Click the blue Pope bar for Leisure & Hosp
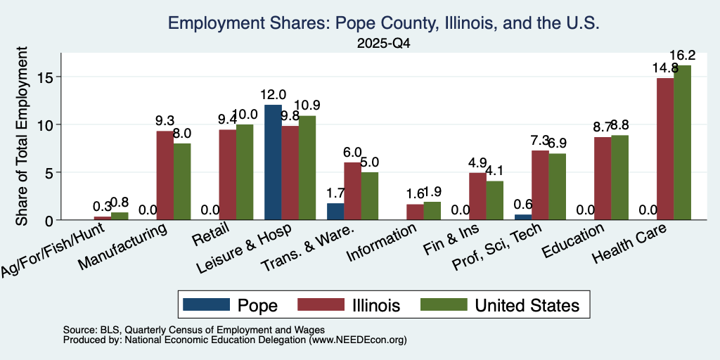coord(274,162)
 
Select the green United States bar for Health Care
coord(682,142)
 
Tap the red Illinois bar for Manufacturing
coord(165,175)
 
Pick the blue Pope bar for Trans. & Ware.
coord(335,212)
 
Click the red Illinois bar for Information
coord(415,212)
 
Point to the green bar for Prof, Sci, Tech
coord(558,187)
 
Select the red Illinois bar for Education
coord(603,178)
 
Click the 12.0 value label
coord(274,95)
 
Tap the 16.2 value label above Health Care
coord(682,56)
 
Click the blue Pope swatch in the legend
coord(206,304)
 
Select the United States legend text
coord(527,305)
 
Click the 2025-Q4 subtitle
coord(384,44)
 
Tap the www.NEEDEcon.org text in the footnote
coord(358,340)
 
